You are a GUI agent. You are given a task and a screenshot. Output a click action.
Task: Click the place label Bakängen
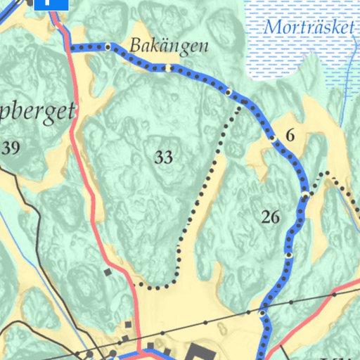(169, 47)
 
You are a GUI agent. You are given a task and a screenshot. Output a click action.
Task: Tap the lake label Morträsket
(307, 29)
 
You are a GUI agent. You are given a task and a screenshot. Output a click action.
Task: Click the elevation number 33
(163, 157)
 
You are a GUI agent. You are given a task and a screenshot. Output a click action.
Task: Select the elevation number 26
(270, 217)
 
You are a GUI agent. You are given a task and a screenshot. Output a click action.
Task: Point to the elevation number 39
(11, 148)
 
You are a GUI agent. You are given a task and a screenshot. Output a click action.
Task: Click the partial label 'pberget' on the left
(39, 112)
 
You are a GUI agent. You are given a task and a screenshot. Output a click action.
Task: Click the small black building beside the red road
(108, 271)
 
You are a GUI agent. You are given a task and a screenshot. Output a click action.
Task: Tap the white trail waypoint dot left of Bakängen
(108, 47)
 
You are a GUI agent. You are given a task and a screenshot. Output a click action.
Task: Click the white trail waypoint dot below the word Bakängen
(169, 67)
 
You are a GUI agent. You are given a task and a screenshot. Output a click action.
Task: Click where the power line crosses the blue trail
(263, 311)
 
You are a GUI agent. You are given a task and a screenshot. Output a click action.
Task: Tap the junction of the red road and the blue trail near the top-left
(70, 48)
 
